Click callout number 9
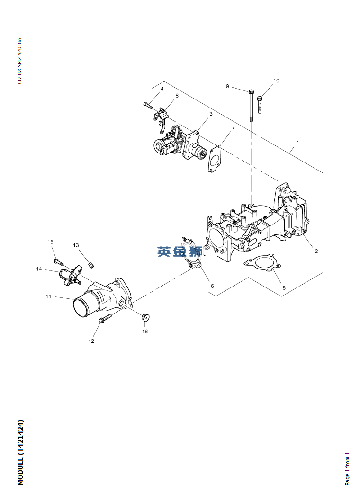pos(227,86)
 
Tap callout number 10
pos(276,81)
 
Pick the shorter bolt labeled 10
pos(260,105)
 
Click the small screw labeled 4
pos(147,105)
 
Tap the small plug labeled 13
pos(91,265)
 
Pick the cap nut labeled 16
pos(146,317)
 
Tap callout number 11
pos(48,296)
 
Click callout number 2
pos(316,251)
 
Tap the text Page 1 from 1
pos(348,469)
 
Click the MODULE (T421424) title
pos(20,452)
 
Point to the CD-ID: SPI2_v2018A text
pos(20,61)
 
